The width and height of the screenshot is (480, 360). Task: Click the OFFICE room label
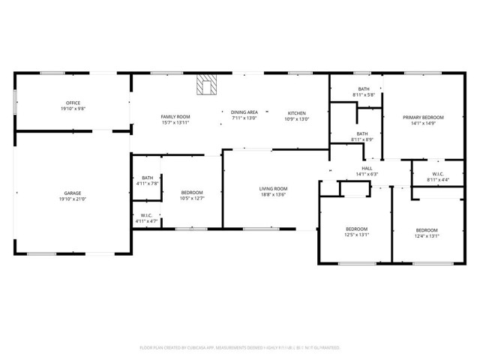pyautogui.click(x=73, y=103)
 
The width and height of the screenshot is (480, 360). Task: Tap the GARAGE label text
pyautogui.click(x=73, y=193)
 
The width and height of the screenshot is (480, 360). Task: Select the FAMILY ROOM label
pyautogui.click(x=175, y=116)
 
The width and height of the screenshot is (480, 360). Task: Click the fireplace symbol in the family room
pyautogui.click(x=205, y=85)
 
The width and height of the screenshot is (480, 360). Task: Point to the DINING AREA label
pyautogui.click(x=244, y=111)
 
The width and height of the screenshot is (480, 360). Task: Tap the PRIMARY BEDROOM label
pyautogui.click(x=423, y=117)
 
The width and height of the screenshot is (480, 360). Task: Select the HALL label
pyautogui.click(x=367, y=168)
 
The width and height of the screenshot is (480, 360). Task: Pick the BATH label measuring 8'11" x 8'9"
pyautogui.click(x=362, y=134)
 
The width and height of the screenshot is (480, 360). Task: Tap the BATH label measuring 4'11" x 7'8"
pyautogui.click(x=148, y=178)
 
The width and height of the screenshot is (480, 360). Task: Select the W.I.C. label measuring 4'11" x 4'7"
pyautogui.click(x=148, y=216)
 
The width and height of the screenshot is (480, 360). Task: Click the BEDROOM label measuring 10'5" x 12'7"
pyautogui.click(x=192, y=193)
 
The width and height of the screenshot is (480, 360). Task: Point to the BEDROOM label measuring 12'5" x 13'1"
pyautogui.click(x=356, y=229)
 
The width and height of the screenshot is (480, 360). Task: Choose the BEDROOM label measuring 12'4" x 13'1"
pyautogui.click(x=427, y=229)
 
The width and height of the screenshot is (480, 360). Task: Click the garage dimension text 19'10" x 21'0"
pyautogui.click(x=73, y=199)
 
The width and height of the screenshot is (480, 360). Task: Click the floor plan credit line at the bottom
pyautogui.click(x=240, y=348)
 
